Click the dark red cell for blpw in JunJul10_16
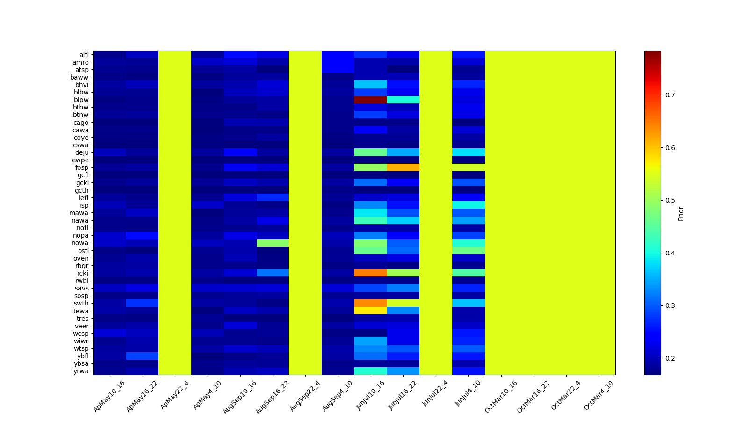coord(371,100)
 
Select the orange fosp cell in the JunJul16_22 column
coord(403,167)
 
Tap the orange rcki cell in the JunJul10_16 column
coord(371,273)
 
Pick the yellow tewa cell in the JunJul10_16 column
coord(371,311)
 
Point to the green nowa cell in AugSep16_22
coord(273,243)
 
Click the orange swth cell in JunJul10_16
coord(371,303)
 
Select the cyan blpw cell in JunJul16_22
coord(403,100)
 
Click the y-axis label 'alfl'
coord(84,55)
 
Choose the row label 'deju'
coord(82,152)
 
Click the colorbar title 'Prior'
coord(681,213)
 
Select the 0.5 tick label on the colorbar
coord(670,200)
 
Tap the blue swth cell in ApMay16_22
coord(142,303)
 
